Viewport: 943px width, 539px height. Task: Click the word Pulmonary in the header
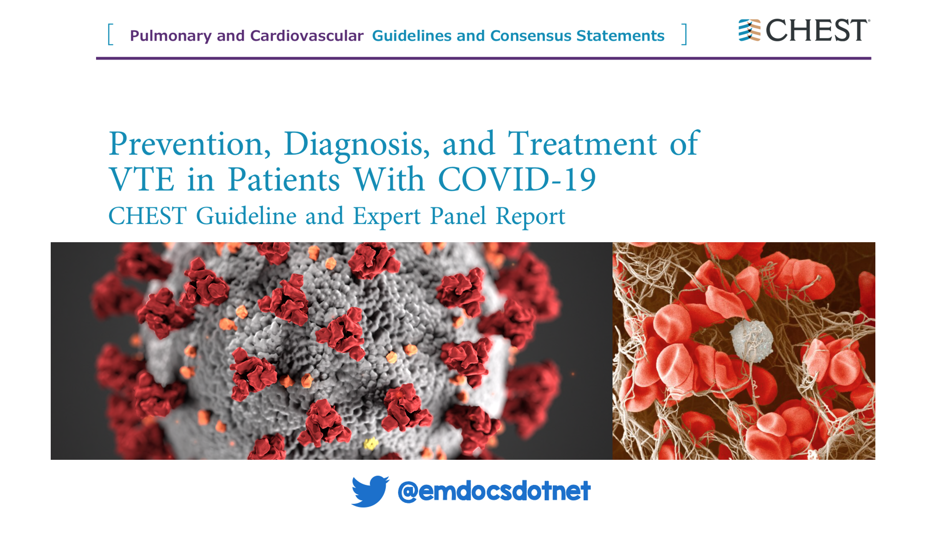(x=171, y=36)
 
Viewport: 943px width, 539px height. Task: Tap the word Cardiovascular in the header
(x=307, y=36)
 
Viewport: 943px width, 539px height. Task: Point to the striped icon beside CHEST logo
(x=749, y=30)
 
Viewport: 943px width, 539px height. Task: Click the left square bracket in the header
(x=111, y=35)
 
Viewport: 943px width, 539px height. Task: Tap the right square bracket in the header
(x=684, y=35)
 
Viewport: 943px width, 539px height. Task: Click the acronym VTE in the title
(x=141, y=179)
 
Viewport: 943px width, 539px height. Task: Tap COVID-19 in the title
(x=517, y=179)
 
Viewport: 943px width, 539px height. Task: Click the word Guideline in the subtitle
(x=246, y=216)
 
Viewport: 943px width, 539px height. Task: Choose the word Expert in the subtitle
(x=387, y=217)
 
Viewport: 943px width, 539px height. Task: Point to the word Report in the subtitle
(x=530, y=217)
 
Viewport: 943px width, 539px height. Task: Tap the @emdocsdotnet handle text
(x=494, y=491)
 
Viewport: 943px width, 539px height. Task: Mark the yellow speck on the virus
(x=371, y=444)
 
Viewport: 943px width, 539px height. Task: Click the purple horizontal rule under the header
(x=483, y=58)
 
